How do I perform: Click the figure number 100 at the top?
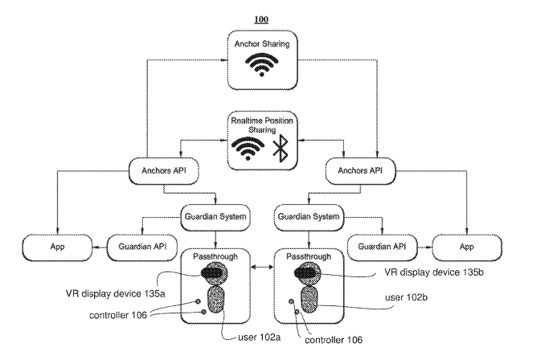point(261,19)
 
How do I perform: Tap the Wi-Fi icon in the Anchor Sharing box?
point(261,65)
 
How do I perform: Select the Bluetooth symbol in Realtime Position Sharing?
point(281,149)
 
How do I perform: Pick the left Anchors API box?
point(164,171)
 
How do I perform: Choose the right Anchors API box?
point(360,171)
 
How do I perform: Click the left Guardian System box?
point(215,217)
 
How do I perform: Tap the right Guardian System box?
point(309,217)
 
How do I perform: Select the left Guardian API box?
point(142,247)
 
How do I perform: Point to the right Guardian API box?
point(382,247)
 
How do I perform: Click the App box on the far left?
point(57,247)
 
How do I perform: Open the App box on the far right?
point(467,247)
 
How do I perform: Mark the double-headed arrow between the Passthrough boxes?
point(262,268)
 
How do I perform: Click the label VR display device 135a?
point(115,293)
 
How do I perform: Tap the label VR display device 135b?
point(434,272)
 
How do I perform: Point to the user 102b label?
point(406,297)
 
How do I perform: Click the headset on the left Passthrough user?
point(212,272)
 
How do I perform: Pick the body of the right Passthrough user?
point(309,300)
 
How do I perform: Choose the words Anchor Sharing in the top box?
point(262,44)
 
